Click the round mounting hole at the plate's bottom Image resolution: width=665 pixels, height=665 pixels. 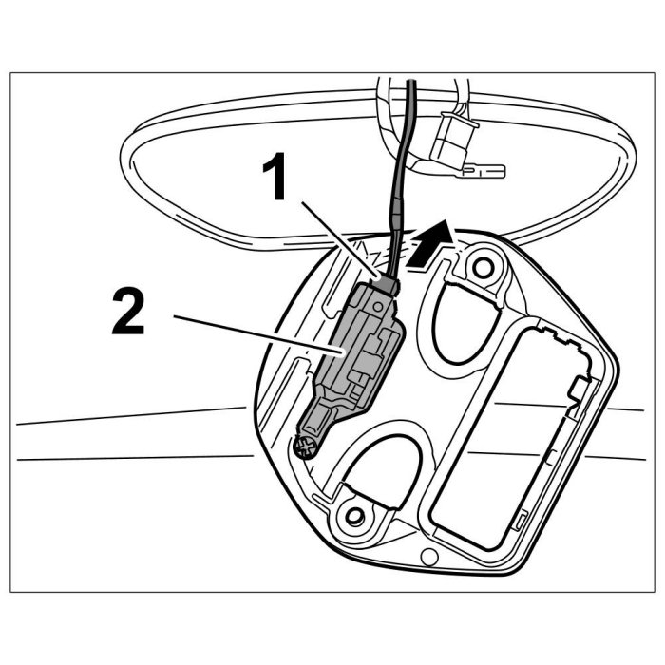click(x=356, y=517)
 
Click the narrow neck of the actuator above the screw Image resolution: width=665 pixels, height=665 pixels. click(x=323, y=418)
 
